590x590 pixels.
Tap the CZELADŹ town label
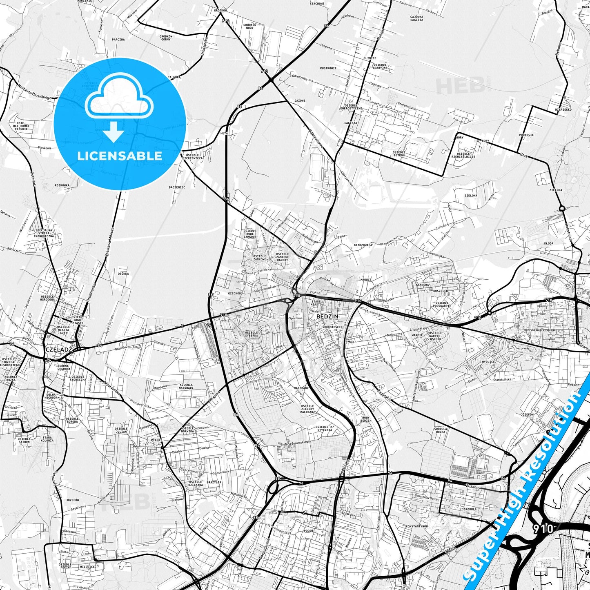coord(59,350)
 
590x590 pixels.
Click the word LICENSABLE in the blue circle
coord(120,156)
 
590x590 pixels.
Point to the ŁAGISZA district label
coord(350,122)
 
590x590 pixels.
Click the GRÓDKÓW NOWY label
coord(249,27)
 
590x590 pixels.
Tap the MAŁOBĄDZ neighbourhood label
coord(301,388)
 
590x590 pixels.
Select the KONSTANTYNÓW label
coord(416,526)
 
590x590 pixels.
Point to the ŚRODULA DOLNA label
coord(441,431)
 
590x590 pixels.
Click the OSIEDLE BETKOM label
coord(399,154)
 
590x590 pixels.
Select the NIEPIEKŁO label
coord(563,109)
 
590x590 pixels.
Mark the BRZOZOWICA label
coord(363,245)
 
